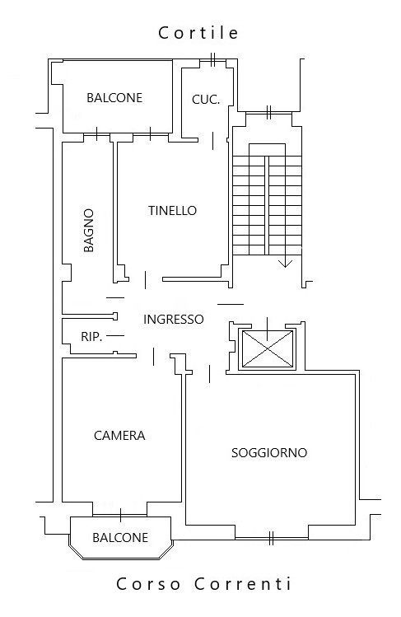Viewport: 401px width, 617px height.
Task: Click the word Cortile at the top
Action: pos(198,33)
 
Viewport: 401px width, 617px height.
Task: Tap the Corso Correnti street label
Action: pos(203,583)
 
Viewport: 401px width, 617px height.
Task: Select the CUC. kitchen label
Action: pos(206,100)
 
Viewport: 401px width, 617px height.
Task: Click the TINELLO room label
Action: pos(172,211)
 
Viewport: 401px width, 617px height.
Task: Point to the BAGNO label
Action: pos(89,230)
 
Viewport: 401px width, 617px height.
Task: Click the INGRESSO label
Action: pos(174,319)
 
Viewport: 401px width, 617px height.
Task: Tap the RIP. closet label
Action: pos(91,337)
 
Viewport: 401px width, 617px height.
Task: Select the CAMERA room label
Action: pos(119,436)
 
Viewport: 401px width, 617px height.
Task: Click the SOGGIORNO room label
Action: pos(269,453)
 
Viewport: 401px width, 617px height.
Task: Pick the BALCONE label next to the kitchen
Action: pos(114,97)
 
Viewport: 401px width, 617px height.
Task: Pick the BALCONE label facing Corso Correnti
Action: pos(120,538)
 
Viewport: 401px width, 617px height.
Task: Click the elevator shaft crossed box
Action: pos(268,348)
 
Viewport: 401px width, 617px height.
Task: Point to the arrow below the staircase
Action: pos(286,261)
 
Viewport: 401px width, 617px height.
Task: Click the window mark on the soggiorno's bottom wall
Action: pos(271,538)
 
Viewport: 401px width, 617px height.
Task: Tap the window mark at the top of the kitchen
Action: pos(212,59)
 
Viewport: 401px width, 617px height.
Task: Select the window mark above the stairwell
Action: pos(269,113)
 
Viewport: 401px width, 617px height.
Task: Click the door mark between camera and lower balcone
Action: pos(120,515)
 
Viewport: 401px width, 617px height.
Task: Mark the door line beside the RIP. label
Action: pos(115,335)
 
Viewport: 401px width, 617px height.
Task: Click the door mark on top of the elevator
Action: pos(268,329)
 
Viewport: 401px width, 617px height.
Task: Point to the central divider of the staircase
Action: pos(267,205)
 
